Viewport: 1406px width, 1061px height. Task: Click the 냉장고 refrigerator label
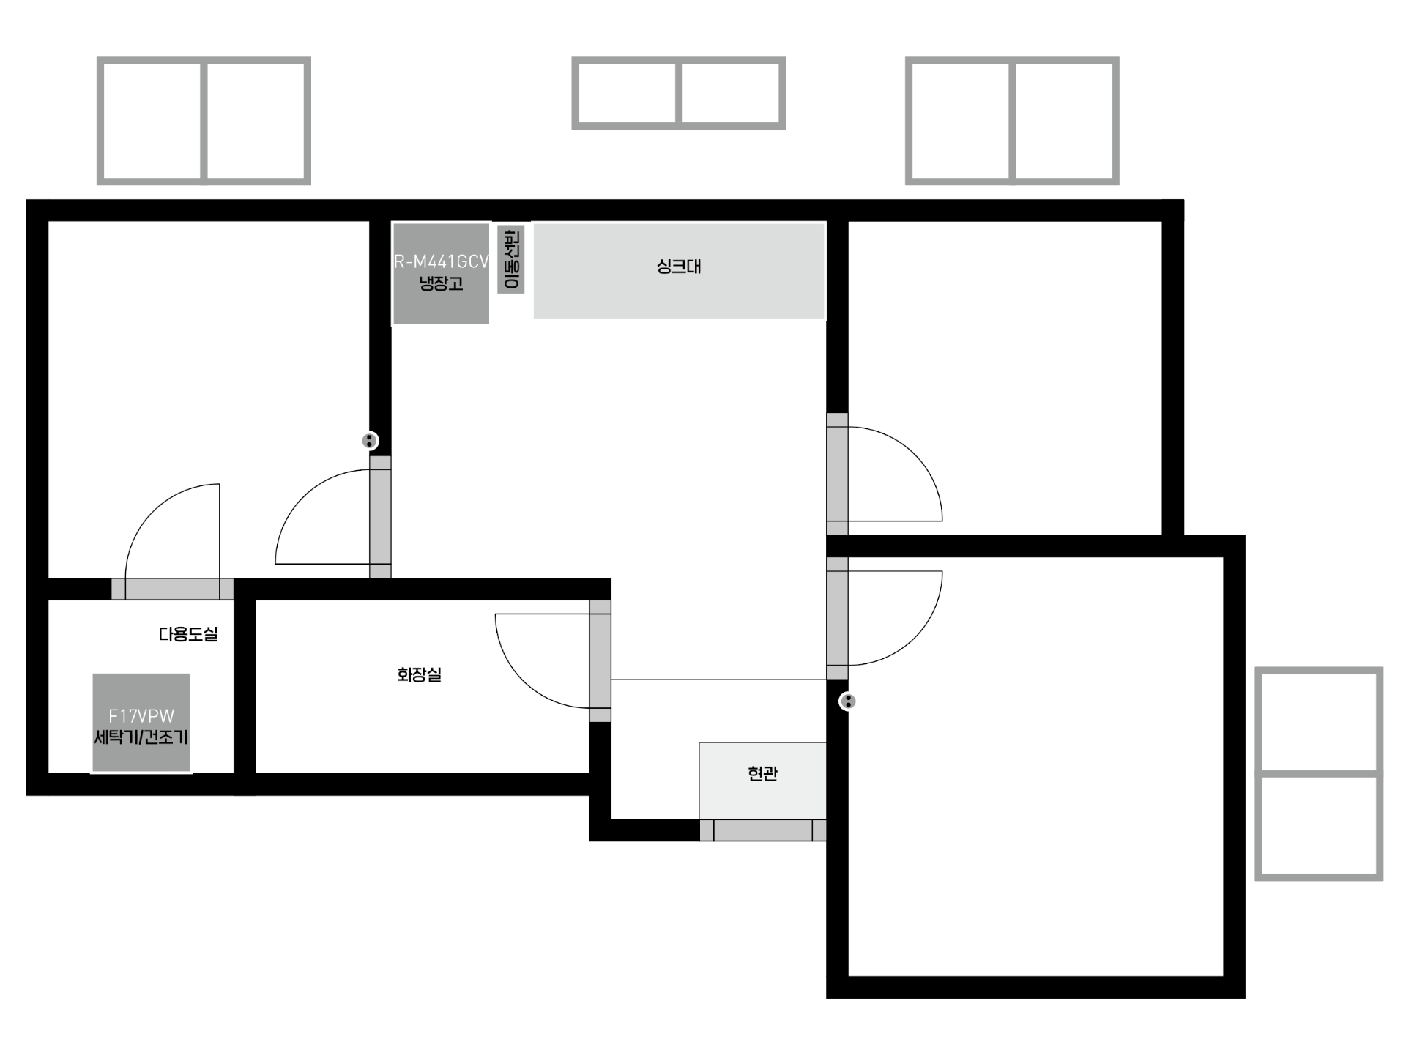441,283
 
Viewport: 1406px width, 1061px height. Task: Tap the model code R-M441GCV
442,261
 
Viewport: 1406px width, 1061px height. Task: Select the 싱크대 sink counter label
679,266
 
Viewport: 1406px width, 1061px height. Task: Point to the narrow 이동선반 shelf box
511,258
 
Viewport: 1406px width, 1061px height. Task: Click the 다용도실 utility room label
188,634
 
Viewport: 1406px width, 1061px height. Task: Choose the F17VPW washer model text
141,716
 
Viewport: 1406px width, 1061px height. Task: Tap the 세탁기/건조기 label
141,737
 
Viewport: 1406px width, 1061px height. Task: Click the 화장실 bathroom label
420,674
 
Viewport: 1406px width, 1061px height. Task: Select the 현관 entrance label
762,773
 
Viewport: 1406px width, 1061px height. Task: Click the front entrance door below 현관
763,830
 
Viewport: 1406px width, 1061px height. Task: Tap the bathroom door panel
600,661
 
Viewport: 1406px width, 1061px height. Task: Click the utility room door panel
172,589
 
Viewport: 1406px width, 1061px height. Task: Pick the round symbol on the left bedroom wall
370,441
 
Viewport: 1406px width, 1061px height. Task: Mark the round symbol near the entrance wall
847,701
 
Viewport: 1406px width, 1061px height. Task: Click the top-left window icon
204,121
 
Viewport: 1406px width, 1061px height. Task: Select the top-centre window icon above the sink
679,93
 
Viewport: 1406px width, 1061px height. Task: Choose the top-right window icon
1012,121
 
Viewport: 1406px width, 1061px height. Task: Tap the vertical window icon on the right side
1319,773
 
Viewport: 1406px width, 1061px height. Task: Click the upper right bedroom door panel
838,474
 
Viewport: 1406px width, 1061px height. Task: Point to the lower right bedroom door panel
838,618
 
